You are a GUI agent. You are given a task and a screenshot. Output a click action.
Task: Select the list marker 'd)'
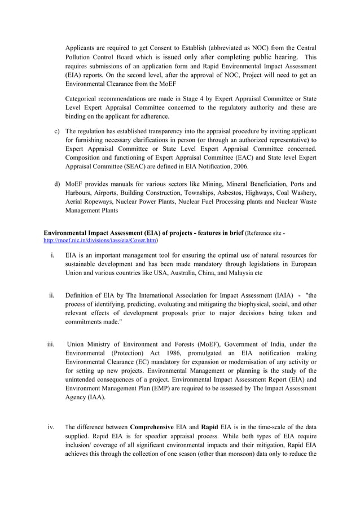57,184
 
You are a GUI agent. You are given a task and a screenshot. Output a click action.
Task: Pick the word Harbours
81,193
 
